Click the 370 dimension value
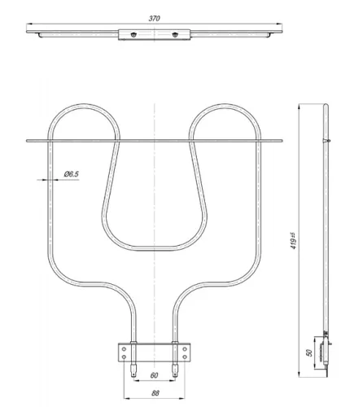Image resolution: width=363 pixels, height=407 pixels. tap(154, 19)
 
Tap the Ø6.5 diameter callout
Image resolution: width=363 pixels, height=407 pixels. tap(72, 174)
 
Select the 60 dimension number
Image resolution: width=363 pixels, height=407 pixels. tap(154, 375)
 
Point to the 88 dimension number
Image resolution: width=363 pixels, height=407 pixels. tap(155, 393)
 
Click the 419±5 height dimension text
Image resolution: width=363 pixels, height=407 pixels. tap(293, 241)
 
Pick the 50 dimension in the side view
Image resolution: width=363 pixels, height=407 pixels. tap(309, 352)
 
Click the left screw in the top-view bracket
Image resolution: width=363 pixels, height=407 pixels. tap(133, 34)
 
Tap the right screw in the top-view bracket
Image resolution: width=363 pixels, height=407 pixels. tap(175, 34)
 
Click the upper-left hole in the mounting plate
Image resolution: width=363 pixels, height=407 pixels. tap(124, 349)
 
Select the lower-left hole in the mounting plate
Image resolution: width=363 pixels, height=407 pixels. tap(124, 357)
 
